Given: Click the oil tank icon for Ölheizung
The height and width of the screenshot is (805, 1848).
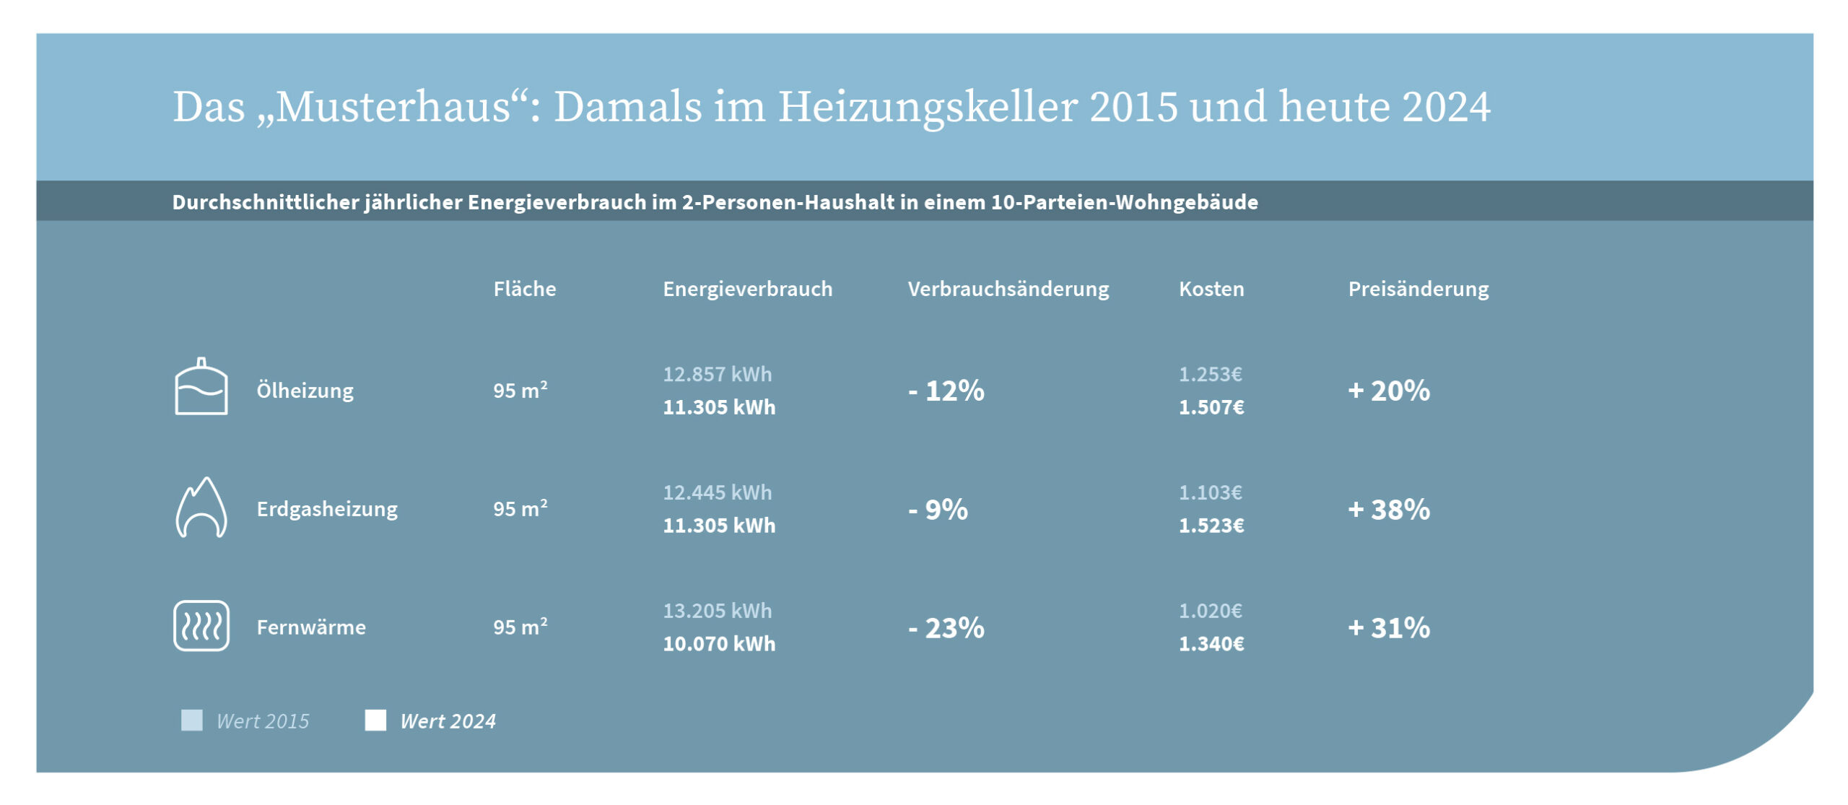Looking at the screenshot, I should coord(201,387).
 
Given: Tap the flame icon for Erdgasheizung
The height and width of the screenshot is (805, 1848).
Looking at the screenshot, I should coord(201,508).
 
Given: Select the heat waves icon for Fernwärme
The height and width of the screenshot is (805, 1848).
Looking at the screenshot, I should coord(201,626).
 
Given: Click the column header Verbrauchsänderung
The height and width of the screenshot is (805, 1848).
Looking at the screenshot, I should coord(1008,289).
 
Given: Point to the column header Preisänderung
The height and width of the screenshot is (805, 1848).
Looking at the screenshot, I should coord(1418,289).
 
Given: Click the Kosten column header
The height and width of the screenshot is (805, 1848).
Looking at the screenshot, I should coord(1211,289).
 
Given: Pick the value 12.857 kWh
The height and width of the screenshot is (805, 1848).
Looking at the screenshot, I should coord(717,374).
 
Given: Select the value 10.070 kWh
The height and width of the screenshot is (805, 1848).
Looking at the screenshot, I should coord(719,643).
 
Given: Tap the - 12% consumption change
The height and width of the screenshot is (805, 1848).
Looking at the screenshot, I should coord(946,391).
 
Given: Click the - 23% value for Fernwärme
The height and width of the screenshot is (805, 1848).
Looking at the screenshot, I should coord(946,627).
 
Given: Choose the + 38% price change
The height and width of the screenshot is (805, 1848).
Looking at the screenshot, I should coord(1388,509).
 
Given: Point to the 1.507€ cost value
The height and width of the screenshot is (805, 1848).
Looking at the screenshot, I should coord(1211,407).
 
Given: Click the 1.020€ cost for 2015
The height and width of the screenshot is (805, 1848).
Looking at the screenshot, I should coord(1210,611).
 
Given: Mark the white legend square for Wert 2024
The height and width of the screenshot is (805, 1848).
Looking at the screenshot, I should coord(375,720).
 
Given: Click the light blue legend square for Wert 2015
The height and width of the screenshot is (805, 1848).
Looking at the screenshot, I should coord(192,720).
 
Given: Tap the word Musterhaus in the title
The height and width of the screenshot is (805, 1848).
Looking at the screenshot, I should coord(393,107).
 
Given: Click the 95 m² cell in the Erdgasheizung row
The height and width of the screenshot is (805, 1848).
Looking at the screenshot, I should coord(520,508).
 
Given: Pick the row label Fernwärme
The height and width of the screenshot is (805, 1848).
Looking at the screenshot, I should coord(311,627).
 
